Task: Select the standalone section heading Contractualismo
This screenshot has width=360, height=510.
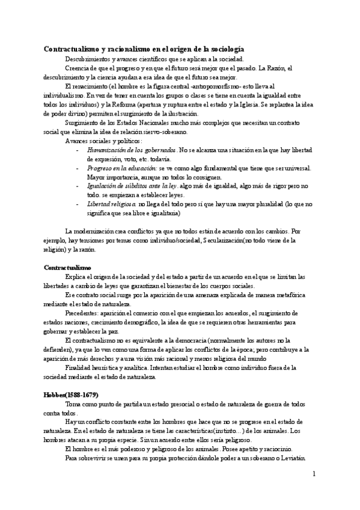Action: [x=68, y=266]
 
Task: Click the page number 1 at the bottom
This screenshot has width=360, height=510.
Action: [x=314, y=475]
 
